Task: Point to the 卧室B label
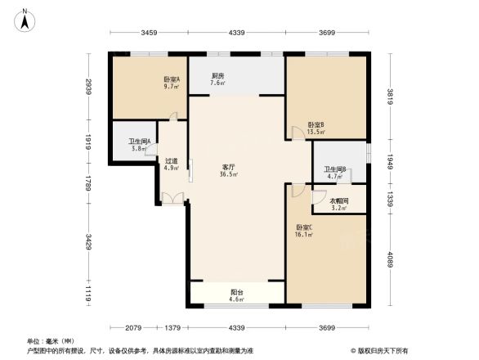[316, 124]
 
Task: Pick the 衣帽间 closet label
[338, 201]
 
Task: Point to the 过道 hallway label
[171, 161]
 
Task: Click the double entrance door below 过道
[172, 197]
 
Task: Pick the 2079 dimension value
[136, 328]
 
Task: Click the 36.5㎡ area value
[228, 174]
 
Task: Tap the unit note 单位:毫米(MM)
[51, 340]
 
